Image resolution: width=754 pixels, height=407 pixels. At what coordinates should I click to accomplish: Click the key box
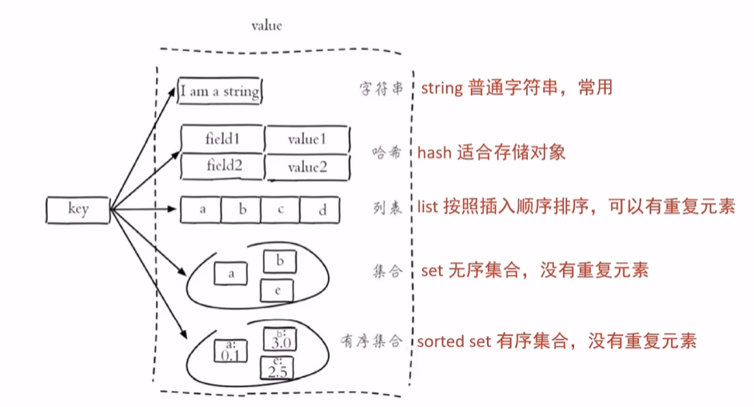click(x=78, y=210)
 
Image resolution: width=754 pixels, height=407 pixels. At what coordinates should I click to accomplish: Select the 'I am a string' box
click(x=220, y=91)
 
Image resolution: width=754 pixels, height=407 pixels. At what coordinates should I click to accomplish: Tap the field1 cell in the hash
click(x=223, y=138)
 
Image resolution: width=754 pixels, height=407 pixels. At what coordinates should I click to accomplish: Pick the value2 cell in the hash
click(x=308, y=166)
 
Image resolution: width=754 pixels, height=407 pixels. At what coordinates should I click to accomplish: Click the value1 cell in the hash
click(x=308, y=138)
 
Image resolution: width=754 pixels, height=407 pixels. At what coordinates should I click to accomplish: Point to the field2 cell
click(x=223, y=166)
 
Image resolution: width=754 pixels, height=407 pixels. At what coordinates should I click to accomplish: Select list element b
click(x=243, y=210)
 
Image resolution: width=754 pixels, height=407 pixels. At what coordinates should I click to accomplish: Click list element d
click(x=321, y=210)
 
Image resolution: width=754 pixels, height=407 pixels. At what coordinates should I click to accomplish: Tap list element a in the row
click(x=203, y=210)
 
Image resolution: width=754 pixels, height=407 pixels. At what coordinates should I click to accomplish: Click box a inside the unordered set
click(x=231, y=273)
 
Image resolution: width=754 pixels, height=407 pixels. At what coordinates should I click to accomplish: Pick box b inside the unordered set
click(x=279, y=261)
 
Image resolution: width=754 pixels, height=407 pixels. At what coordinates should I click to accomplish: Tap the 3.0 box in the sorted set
click(x=279, y=340)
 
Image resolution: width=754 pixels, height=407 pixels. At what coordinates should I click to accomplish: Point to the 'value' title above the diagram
click(x=266, y=26)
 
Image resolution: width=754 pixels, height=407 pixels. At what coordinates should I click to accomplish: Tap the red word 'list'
click(x=425, y=207)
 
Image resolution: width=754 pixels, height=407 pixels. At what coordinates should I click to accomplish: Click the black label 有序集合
click(x=375, y=341)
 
